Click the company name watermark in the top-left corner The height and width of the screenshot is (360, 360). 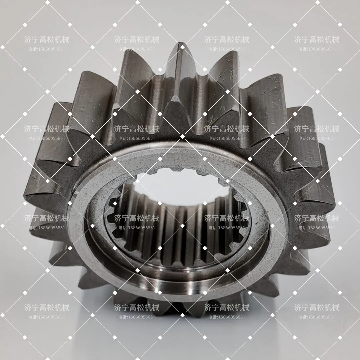47,40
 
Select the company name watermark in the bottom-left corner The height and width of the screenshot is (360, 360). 47,307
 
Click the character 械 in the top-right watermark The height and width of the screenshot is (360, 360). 335,40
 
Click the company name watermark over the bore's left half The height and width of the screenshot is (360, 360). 137,218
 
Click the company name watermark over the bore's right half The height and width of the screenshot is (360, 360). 227,218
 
